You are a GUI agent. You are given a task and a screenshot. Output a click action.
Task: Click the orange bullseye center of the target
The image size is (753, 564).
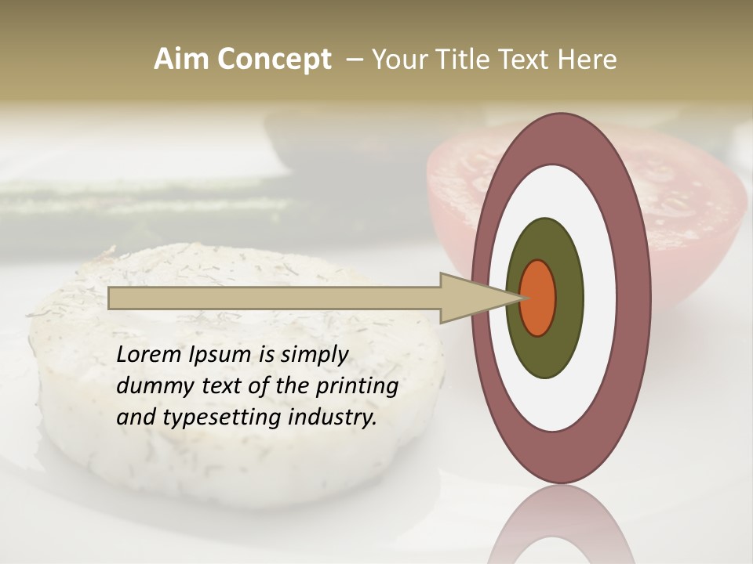pos(538,298)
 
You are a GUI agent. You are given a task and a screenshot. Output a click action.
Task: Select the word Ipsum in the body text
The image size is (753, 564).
pos(220,356)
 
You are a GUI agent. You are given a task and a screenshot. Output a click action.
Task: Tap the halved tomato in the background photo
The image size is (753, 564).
pos(690,204)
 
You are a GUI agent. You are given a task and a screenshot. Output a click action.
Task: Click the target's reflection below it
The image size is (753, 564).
pos(560,525)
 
